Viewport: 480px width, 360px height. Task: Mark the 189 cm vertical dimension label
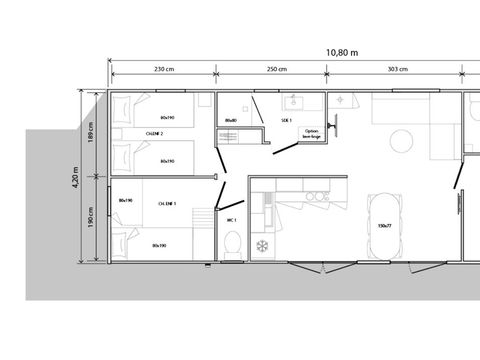pyautogui.click(x=91, y=132)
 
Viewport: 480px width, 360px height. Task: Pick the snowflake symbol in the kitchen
pyautogui.click(x=263, y=245)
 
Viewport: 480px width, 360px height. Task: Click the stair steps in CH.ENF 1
pyautogui.click(x=206, y=221)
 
